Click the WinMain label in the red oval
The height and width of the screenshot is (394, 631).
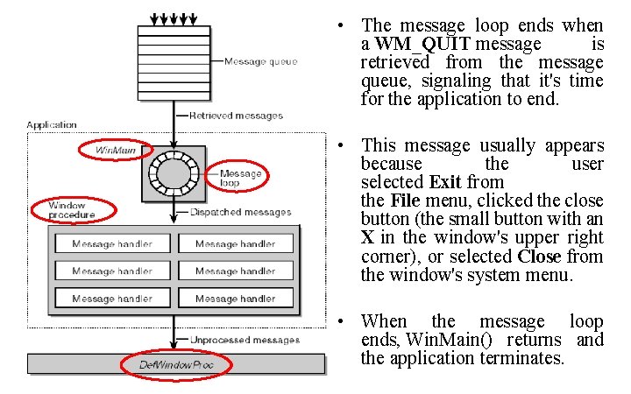point(117,151)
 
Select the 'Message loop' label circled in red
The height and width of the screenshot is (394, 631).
point(241,179)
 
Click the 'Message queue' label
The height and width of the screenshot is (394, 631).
point(260,61)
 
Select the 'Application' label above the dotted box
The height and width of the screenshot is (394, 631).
point(52,125)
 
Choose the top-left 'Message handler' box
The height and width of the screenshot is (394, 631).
point(112,244)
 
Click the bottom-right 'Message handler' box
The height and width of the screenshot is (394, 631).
point(235,299)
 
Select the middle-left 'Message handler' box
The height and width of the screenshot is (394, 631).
point(112,271)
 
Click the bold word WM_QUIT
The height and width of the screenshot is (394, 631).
point(422,44)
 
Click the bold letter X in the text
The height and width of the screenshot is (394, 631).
point(368,237)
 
